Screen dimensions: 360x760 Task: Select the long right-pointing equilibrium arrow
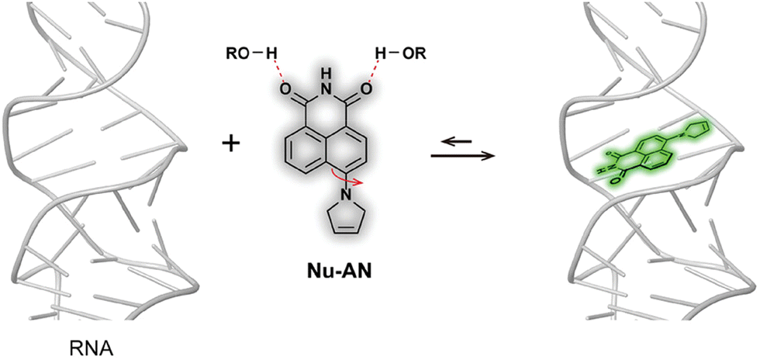(x=463, y=156)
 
